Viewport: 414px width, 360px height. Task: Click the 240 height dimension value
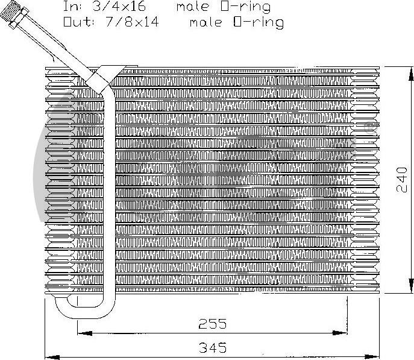402,179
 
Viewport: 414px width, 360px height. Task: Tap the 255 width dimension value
213,324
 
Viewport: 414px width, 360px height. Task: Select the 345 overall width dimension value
213,347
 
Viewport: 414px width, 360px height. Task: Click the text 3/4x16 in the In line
119,7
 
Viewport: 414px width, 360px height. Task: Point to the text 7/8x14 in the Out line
132,22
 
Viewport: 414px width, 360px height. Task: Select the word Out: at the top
78,22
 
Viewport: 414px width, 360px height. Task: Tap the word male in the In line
193,7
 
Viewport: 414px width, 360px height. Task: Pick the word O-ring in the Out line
259,22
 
